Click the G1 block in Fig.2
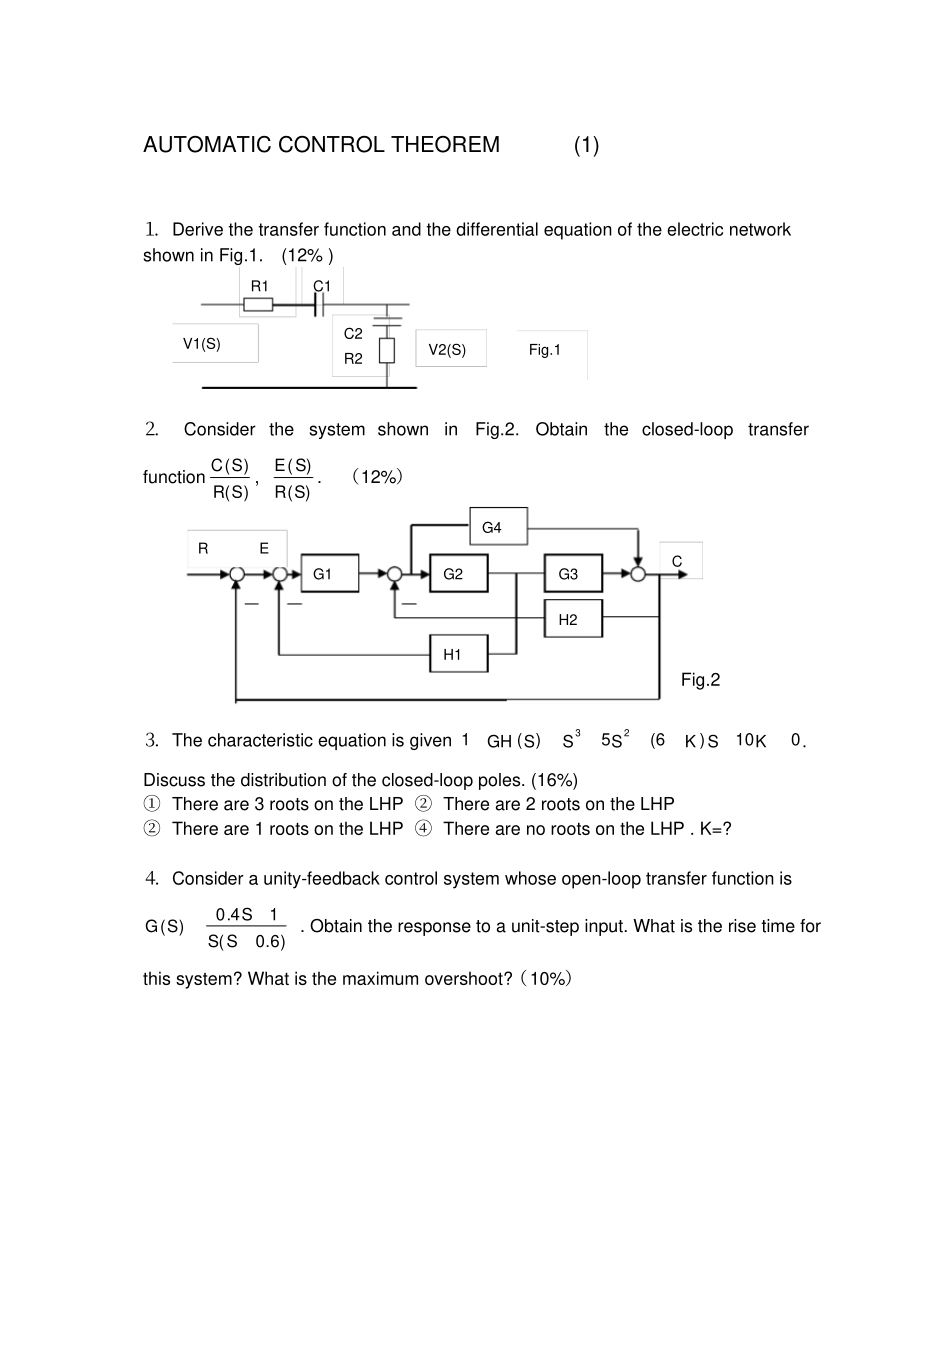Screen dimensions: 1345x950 click(329, 574)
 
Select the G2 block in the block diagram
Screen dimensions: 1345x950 click(458, 574)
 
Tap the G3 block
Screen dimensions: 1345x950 click(573, 574)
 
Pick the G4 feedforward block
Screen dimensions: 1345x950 click(498, 527)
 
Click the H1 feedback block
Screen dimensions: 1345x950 click(458, 654)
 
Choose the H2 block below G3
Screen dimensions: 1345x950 click(573, 619)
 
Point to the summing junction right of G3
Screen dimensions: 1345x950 click(638, 574)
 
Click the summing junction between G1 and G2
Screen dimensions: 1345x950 click(395, 574)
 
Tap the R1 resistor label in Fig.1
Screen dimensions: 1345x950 click(260, 286)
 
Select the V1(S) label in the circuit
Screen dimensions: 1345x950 click(202, 344)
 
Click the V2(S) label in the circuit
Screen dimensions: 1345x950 click(447, 349)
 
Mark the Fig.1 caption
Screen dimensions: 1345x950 click(545, 349)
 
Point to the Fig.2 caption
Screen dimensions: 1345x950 click(700, 680)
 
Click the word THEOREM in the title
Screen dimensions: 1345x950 click(445, 145)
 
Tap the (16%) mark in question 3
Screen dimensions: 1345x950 click(554, 780)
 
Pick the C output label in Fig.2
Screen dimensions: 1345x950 click(677, 562)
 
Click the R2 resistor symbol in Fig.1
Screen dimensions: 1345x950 click(387, 351)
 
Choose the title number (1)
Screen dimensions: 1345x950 click(587, 145)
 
